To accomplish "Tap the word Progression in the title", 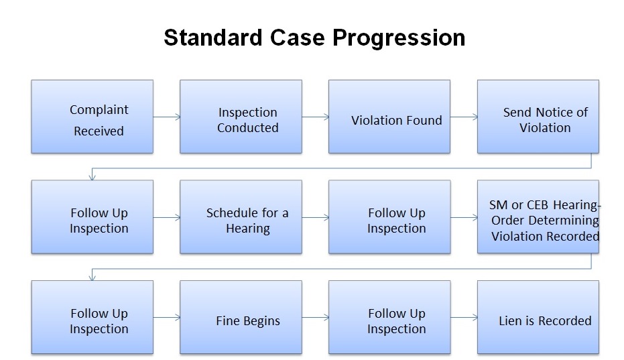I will tap(399, 38).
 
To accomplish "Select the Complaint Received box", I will tap(92, 117).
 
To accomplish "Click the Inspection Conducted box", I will tap(241, 117).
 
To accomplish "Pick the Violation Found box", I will tap(389, 117).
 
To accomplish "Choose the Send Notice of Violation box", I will tap(538, 117).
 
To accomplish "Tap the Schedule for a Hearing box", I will tap(241, 217).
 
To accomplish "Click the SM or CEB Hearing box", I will tap(538, 217).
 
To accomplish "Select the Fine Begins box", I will tap(241, 317).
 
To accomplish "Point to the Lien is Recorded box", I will tap(538, 317).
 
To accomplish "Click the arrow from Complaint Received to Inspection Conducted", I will tap(166, 117).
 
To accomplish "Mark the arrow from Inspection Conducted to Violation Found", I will tap(315, 117).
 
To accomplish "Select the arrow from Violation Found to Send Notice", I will tap(464, 117).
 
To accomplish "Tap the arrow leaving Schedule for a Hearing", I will tap(315, 218).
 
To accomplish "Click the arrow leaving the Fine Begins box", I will tap(315, 318).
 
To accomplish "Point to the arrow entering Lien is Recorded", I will tap(464, 318).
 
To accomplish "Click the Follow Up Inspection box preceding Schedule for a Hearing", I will tap(92, 217).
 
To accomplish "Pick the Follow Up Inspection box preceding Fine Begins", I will tap(92, 317).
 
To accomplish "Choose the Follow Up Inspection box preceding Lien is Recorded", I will tap(389, 317).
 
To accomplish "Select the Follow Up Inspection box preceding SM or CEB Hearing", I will tap(389, 217).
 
